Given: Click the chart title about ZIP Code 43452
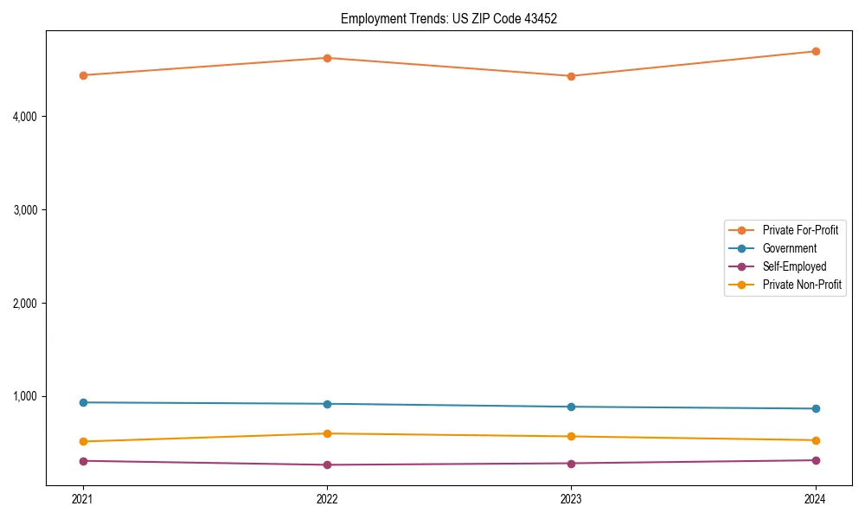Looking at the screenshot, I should pyautogui.click(x=448, y=18).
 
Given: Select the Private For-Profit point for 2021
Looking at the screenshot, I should pyautogui.click(x=83, y=75).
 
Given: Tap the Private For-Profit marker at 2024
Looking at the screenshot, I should pyautogui.click(x=815, y=51).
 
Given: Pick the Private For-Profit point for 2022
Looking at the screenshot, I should pyautogui.click(x=327, y=58).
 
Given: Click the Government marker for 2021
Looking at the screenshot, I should pyautogui.click(x=83, y=402).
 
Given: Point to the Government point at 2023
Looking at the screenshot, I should pyautogui.click(x=571, y=407).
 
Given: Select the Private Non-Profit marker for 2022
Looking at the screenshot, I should pyautogui.click(x=327, y=433).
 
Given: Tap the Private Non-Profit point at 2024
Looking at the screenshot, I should pyautogui.click(x=815, y=440).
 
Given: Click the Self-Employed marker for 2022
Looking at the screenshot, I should pyautogui.click(x=327, y=465).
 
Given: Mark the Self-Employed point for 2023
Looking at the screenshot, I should pyautogui.click(x=571, y=463).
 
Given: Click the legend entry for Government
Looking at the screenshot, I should pyautogui.click(x=789, y=248).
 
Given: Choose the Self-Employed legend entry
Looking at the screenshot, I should pyautogui.click(x=794, y=266).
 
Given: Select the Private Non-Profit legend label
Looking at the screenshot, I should pyautogui.click(x=802, y=285).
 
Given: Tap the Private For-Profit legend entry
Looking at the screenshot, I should pyautogui.click(x=800, y=230).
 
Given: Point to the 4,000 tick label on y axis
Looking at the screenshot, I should pyautogui.click(x=29, y=116).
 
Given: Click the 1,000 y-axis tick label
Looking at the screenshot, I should pyautogui.click(x=29, y=396).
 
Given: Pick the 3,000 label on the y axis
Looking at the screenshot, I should pyautogui.click(x=29, y=209).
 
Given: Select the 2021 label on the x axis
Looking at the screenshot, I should pyautogui.click(x=83, y=498).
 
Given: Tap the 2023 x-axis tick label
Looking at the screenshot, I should pyautogui.click(x=571, y=498).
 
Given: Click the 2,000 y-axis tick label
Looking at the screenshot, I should pyautogui.click(x=29, y=303).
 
